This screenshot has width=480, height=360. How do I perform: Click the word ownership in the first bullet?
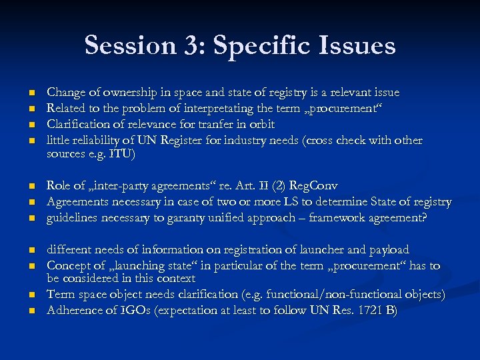click(128, 93)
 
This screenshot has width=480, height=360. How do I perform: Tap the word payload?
click(388, 249)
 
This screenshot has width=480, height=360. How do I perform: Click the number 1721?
click(369, 309)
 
